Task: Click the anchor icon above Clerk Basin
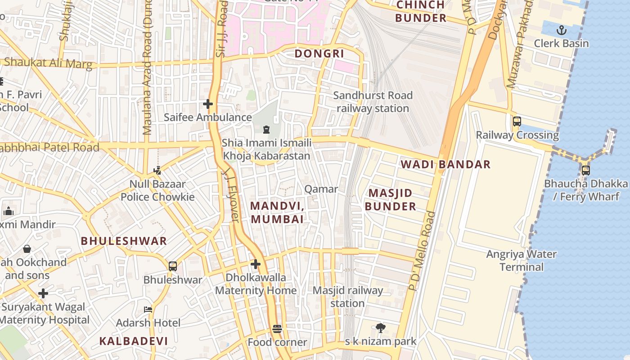[561, 30]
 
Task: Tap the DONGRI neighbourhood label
[319, 54]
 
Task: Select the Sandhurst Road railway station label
[373, 102]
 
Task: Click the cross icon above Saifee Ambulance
[207, 104]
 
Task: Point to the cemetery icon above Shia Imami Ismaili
[266, 130]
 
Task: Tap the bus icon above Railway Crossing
[517, 121]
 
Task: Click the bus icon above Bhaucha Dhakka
[585, 170]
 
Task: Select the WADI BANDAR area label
[445, 164]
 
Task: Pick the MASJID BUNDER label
[390, 200]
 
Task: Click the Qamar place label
[321, 189]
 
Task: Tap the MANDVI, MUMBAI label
[277, 212]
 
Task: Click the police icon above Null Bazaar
[157, 170]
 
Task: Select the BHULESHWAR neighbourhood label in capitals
[124, 241]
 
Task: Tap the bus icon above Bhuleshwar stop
[172, 266]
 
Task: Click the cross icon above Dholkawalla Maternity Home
[256, 264]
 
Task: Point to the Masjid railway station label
[347, 297]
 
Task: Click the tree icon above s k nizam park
[380, 328]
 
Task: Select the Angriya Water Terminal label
[521, 261]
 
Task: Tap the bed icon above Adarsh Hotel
[148, 309]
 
